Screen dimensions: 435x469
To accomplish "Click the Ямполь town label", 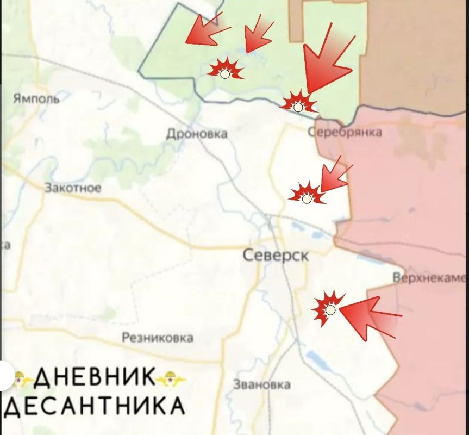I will (x=36, y=98).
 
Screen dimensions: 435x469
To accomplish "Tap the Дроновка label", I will (x=197, y=134).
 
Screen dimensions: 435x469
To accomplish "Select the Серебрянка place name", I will (x=345, y=132).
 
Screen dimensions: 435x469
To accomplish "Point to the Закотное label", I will (x=73, y=188).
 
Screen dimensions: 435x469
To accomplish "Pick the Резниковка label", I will (x=157, y=338).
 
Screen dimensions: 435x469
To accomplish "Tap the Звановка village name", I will (x=261, y=384).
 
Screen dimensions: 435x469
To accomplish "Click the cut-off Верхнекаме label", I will (x=429, y=278).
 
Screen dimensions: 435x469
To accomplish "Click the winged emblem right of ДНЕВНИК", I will (x=170, y=378).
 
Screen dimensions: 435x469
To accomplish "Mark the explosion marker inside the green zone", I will (x=225, y=71).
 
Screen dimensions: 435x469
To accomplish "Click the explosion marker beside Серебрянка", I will (x=297, y=104).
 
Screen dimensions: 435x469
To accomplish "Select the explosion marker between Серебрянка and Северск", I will (x=307, y=196).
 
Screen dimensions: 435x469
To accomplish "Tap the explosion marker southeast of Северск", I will (x=329, y=309).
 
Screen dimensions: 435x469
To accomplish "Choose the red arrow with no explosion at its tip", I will (x=204, y=30).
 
